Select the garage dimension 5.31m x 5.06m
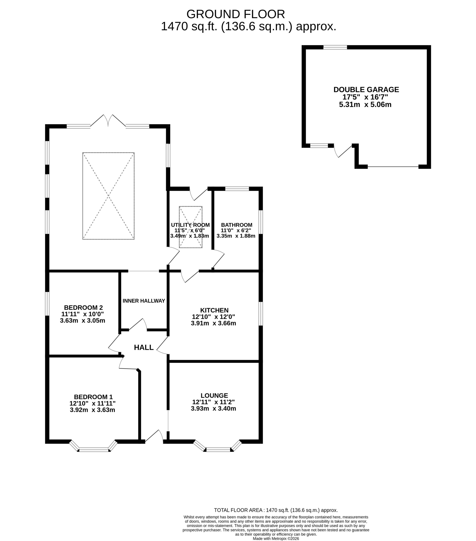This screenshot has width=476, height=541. (365, 105)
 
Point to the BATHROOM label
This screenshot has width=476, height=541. (237, 225)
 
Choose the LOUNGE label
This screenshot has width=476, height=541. (214, 395)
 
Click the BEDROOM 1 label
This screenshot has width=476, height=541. (93, 397)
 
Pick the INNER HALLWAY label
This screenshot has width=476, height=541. (144, 301)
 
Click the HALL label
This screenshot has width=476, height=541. (144, 347)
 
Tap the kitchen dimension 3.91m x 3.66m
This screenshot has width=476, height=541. (213, 323)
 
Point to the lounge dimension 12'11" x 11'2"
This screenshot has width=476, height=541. (213, 402)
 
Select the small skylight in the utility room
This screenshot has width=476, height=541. (191, 227)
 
